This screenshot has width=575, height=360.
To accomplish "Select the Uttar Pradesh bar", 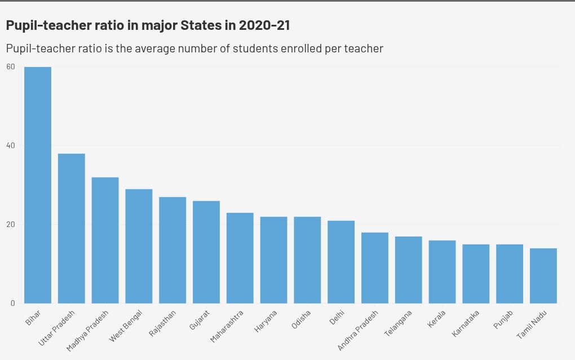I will coord(72,228).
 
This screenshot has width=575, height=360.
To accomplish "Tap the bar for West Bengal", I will coord(139,246).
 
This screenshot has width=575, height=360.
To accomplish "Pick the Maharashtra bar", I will coord(240,258).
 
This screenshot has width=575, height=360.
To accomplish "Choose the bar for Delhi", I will coord(341,262).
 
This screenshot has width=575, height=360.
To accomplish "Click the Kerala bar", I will coord(442,272).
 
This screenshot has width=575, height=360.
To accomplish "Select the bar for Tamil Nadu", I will coord(543,275).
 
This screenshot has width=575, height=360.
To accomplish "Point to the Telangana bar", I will coord(409,270).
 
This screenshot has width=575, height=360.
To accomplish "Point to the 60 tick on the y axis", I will coord(11,66).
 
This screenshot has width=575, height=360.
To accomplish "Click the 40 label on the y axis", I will coord(11,145).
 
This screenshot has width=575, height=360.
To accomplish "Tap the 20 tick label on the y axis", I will coord(11,224).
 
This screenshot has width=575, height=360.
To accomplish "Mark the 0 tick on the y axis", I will coord(12,303).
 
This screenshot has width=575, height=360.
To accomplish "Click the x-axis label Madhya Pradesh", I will coord(87,330).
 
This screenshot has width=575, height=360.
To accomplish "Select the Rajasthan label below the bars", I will coord(162,323).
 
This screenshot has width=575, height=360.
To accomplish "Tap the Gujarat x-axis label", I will coord(200,320).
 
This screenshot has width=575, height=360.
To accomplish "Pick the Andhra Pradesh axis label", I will coord(357,330).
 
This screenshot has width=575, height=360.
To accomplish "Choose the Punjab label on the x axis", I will coord(503,320).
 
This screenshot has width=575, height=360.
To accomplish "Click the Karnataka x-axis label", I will coord(466,323).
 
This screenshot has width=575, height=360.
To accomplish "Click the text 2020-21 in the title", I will coord(264,25).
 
